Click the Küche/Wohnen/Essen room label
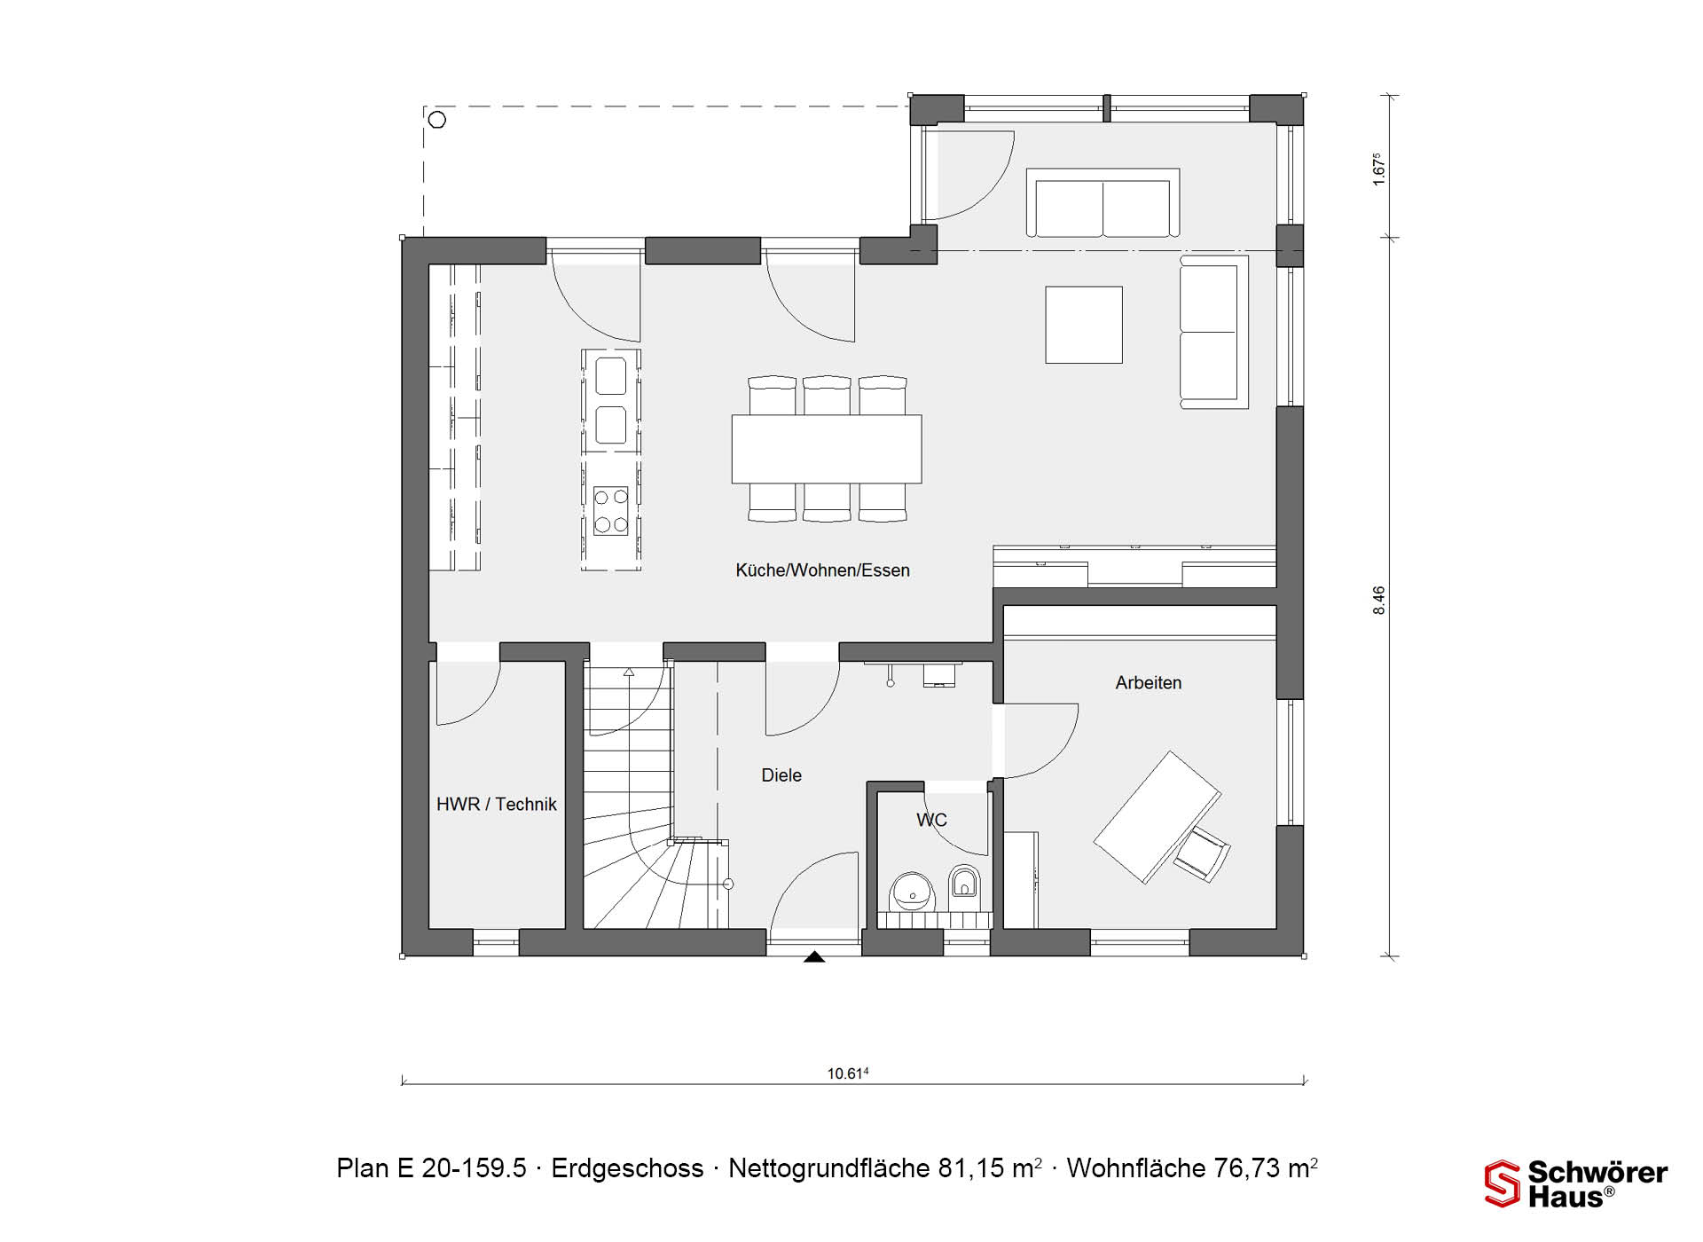tap(822, 570)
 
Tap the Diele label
tap(781, 775)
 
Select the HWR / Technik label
tap(497, 805)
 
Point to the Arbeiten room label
tap(1149, 683)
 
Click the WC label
tap(931, 820)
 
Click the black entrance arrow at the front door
tap(814, 956)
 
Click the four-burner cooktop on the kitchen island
tap(611, 510)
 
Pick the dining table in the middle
tap(827, 449)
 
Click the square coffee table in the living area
tap(1084, 325)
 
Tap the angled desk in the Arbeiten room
tap(1157, 817)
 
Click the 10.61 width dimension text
tap(848, 1073)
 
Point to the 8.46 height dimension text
tap(1378, 601)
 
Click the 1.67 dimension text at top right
tap(1378, 170)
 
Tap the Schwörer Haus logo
tap(1576, 1183)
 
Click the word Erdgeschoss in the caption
tap(627, 1168)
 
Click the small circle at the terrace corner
tap(436, 119)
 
